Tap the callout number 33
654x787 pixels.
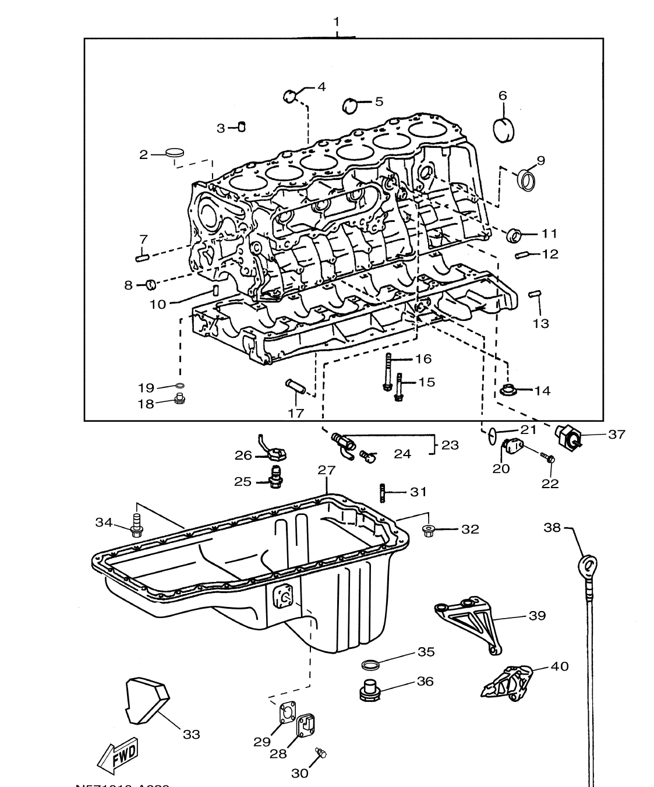pos(191,735)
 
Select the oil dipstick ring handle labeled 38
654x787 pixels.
pos(588,564)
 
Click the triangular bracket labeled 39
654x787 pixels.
pos(465,623)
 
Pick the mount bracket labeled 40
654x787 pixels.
pos(507,682)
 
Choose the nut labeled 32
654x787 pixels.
pos(429,530)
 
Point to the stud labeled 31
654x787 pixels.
pos(383,493)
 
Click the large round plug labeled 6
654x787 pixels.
pos(504,130)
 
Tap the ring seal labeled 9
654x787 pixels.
pos(527,179)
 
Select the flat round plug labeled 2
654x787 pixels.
pos(174,153)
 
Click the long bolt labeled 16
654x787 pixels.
pos(388,372)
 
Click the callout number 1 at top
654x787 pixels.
pos(336,22)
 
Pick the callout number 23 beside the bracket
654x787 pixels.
pos(450,445)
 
